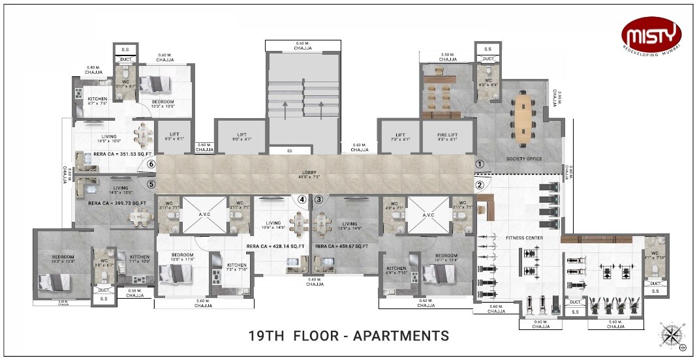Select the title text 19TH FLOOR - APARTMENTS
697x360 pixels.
(x=349, y=336)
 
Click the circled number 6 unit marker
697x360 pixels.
(x=151, y=165)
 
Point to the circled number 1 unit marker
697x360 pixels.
(x=480, y=165)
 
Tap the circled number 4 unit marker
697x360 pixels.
(x=302, y=200)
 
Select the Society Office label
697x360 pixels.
(x=525, y=158)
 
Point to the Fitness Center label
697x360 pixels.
(x=524, y=238)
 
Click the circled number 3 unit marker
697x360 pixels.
(x=319, y=200)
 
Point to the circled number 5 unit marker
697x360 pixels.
(x=151, y=184)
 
